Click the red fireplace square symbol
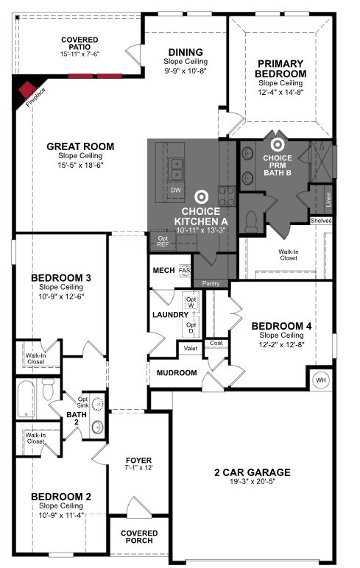[x=27, y=90]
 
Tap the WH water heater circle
[x=320, y=380]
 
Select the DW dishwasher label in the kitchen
[x=176, y=190]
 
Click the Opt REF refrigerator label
[x=163, y=241]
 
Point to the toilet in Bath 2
[x=48, y=388]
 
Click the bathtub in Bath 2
[x=26, y=399]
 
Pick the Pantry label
[x=211, y=284]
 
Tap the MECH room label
[x=163, y=270]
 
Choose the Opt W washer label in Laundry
[x=191, y=303]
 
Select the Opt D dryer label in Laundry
[x=191, y=328]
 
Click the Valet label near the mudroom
[x=191, y=349]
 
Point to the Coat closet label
[x=216, y=343]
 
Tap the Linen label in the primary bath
[x=328, y=199]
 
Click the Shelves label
[x=321, y=221]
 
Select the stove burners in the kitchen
[x=227, y=196]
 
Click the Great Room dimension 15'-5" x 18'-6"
[x=80, y=166]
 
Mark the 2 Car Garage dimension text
[x=253, y=481]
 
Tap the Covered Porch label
[x=139, y=537]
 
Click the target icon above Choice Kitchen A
[x=201, y=197]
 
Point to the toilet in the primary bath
[x=251, y=221]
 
